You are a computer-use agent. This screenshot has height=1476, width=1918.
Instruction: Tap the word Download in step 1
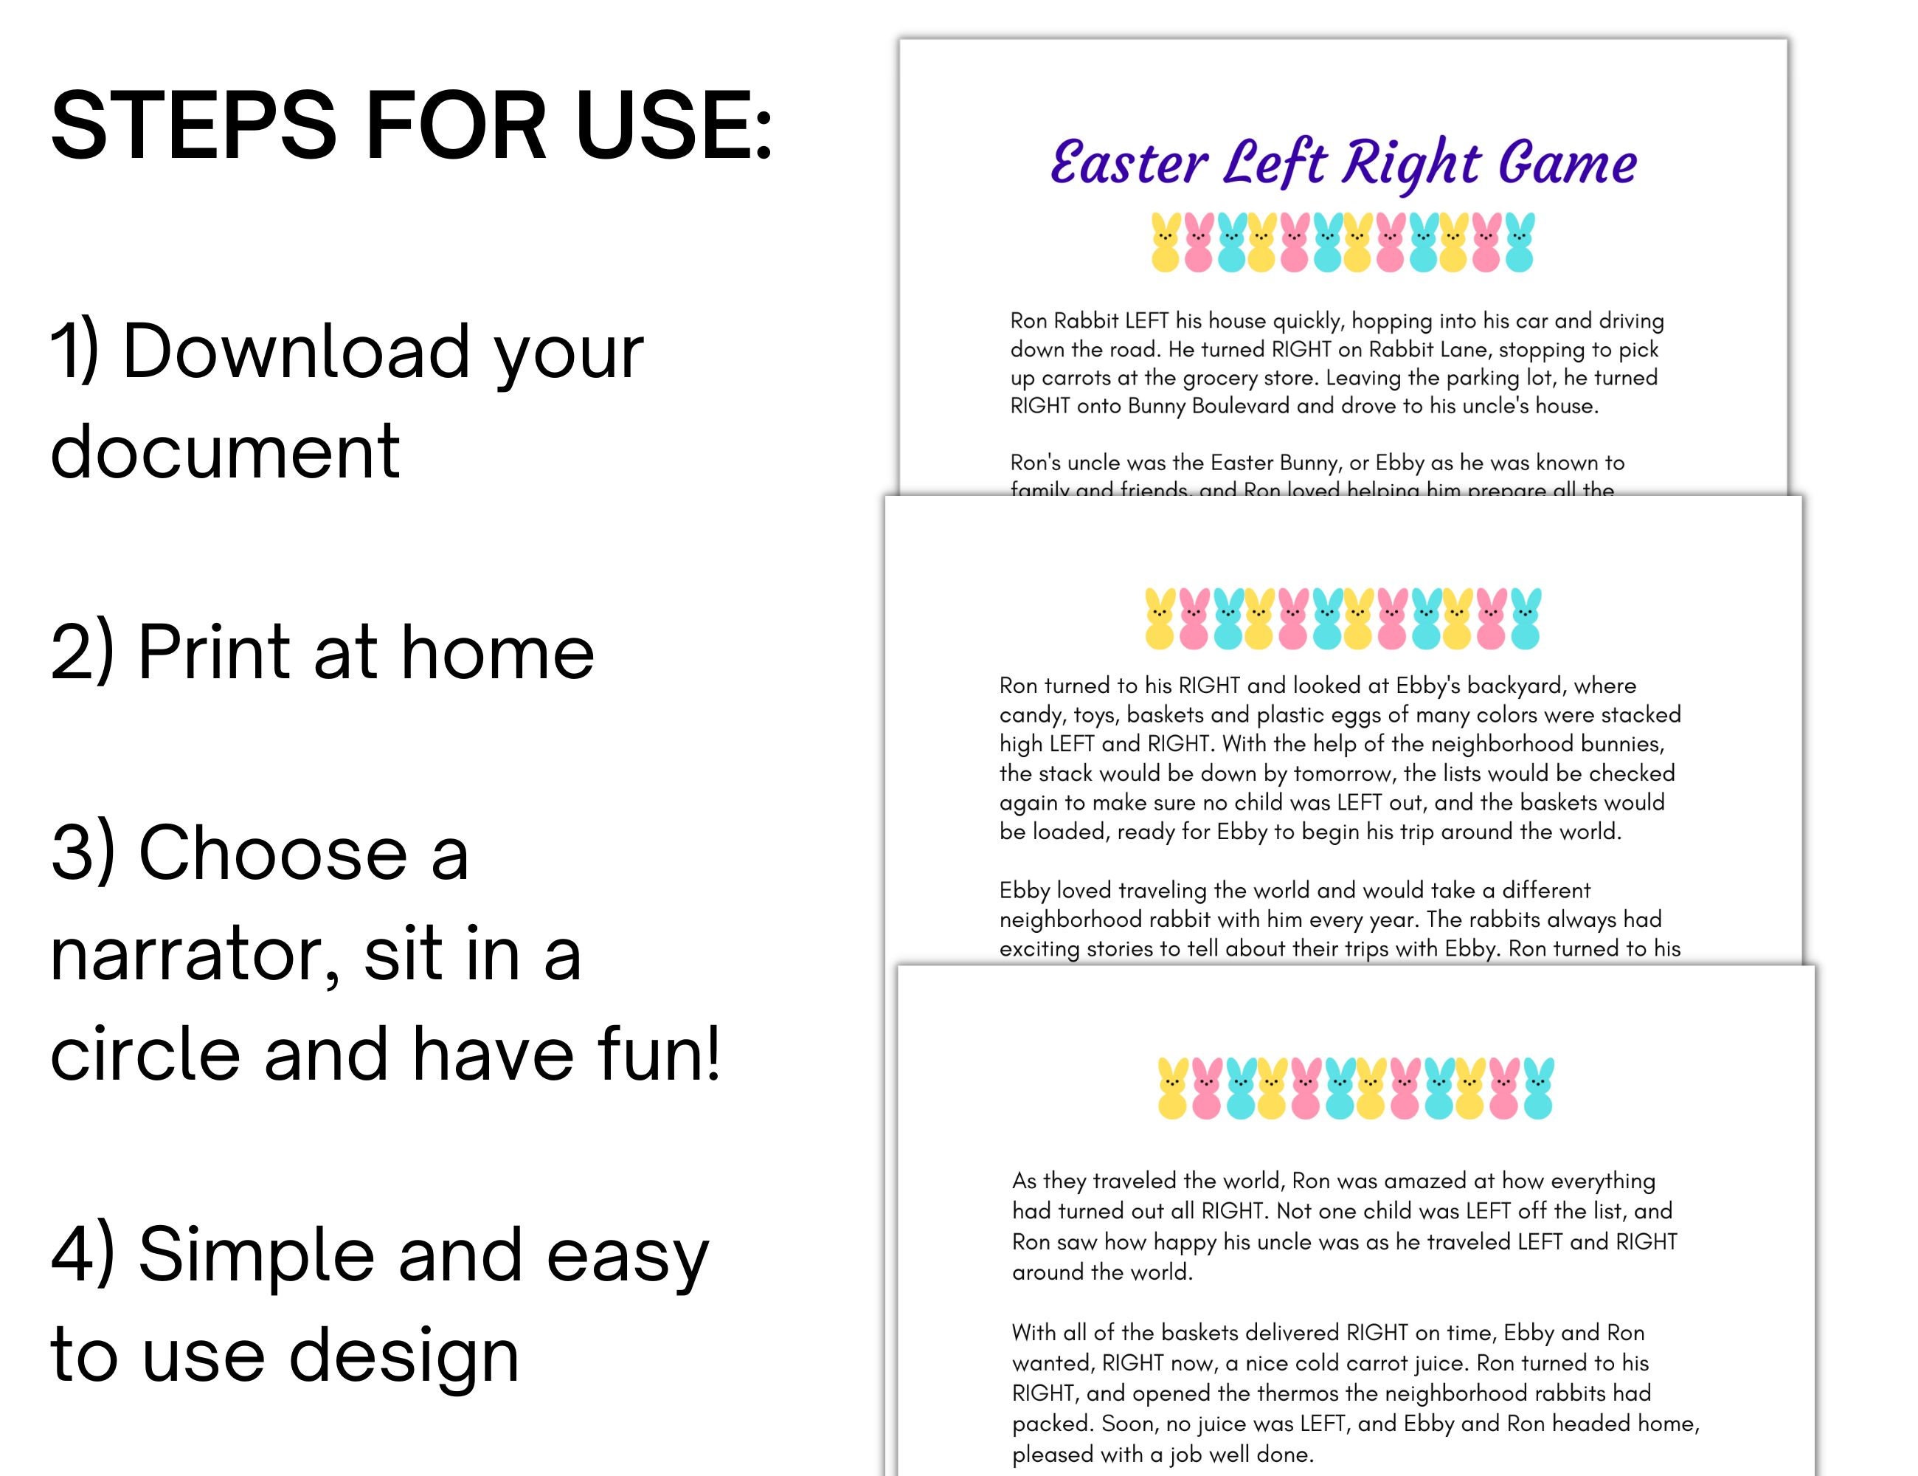click(297, 351)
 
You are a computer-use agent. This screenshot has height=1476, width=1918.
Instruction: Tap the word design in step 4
click(404, 1355)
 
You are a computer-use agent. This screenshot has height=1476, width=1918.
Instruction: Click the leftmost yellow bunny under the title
click(1166, 243)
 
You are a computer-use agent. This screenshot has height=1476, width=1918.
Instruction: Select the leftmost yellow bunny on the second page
click(1160, 618)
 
